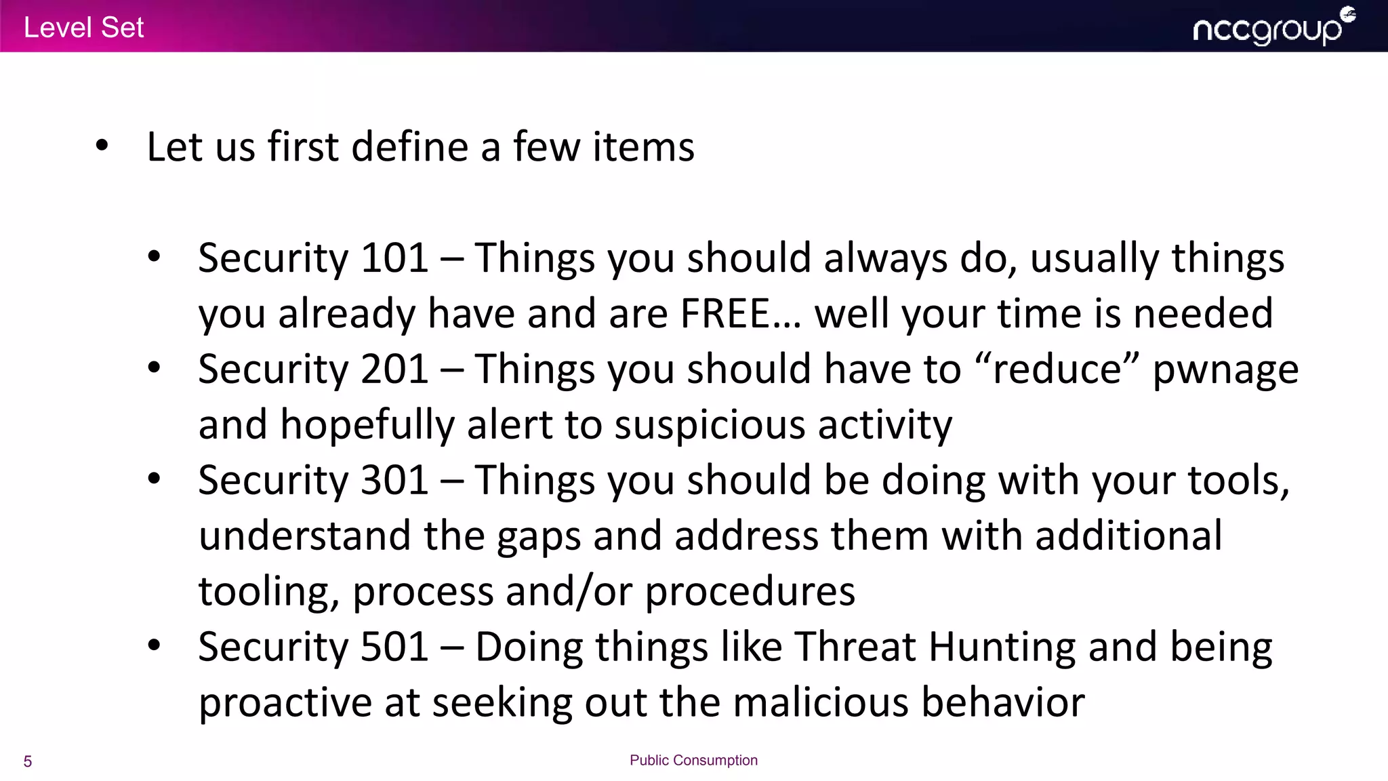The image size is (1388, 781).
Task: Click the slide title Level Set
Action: pyautogui.click(x=83, y=28)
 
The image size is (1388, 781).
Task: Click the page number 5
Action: pyautogui.click(x=28, y=761)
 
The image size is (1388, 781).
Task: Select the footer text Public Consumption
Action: pyautogui.click(x=693, y=761)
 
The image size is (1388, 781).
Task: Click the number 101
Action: pyautogui.click(x=394, y=258)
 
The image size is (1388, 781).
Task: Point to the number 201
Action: pyautogui.click(x=394, y=369)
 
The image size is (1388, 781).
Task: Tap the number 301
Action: pyautogui.click(x=394, y=481)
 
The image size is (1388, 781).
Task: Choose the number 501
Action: pyautogui.click(x=394, y=647)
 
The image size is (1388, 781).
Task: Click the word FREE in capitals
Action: pyautogui.click(x=724, y=314)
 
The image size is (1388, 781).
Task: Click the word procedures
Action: pyautogui.click(x=750, y=592)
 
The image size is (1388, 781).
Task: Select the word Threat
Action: pyautogui.click(x=855, y=647)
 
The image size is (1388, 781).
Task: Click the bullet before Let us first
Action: pyautogui.click(x=102, y=145)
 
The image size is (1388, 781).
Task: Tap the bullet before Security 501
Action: pyautogui.click(x=155, y=645)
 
